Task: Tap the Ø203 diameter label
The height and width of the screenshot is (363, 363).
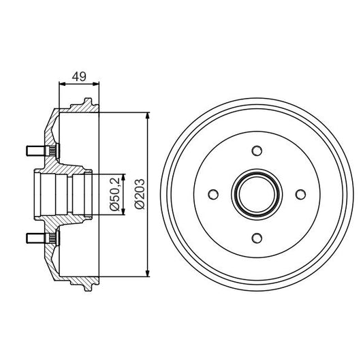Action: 140,193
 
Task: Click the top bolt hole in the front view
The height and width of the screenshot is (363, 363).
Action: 257,151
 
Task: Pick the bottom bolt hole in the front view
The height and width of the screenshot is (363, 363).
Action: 257,237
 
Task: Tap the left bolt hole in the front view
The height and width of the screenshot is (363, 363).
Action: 213,194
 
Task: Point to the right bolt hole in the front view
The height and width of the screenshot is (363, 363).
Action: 300,194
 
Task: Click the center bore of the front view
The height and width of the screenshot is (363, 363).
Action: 257,194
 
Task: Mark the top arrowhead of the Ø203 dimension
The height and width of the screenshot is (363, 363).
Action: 148,114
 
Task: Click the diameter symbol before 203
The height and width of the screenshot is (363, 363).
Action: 140,206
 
